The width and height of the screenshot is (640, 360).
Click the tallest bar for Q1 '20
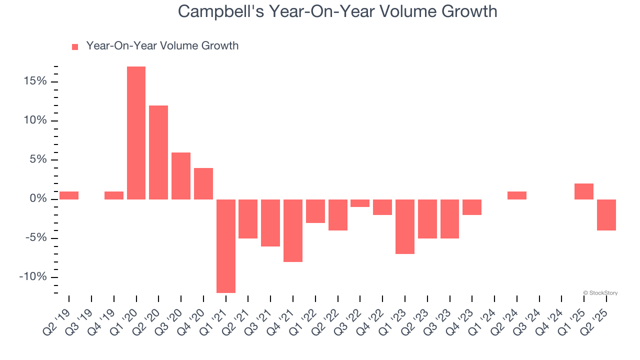point(136,132)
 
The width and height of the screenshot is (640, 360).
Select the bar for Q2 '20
point(158,152)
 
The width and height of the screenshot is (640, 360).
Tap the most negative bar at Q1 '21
point(225,246)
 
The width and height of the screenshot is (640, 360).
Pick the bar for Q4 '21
point(293,230)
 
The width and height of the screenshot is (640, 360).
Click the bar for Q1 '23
point(405,226)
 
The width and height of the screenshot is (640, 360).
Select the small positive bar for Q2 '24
point(517,195)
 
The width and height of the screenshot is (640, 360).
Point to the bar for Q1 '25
point(584,191)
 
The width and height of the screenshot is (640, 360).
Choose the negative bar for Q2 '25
point(606,215)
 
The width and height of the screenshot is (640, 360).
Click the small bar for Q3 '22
point(360,203)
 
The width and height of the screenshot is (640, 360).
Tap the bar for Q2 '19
point(69,195)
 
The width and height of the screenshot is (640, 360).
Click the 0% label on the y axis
point(37,199)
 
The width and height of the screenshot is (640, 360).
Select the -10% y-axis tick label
point(33,277)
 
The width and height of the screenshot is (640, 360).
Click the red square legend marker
point(75,46)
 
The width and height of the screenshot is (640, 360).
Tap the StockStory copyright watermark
point(600,293)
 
